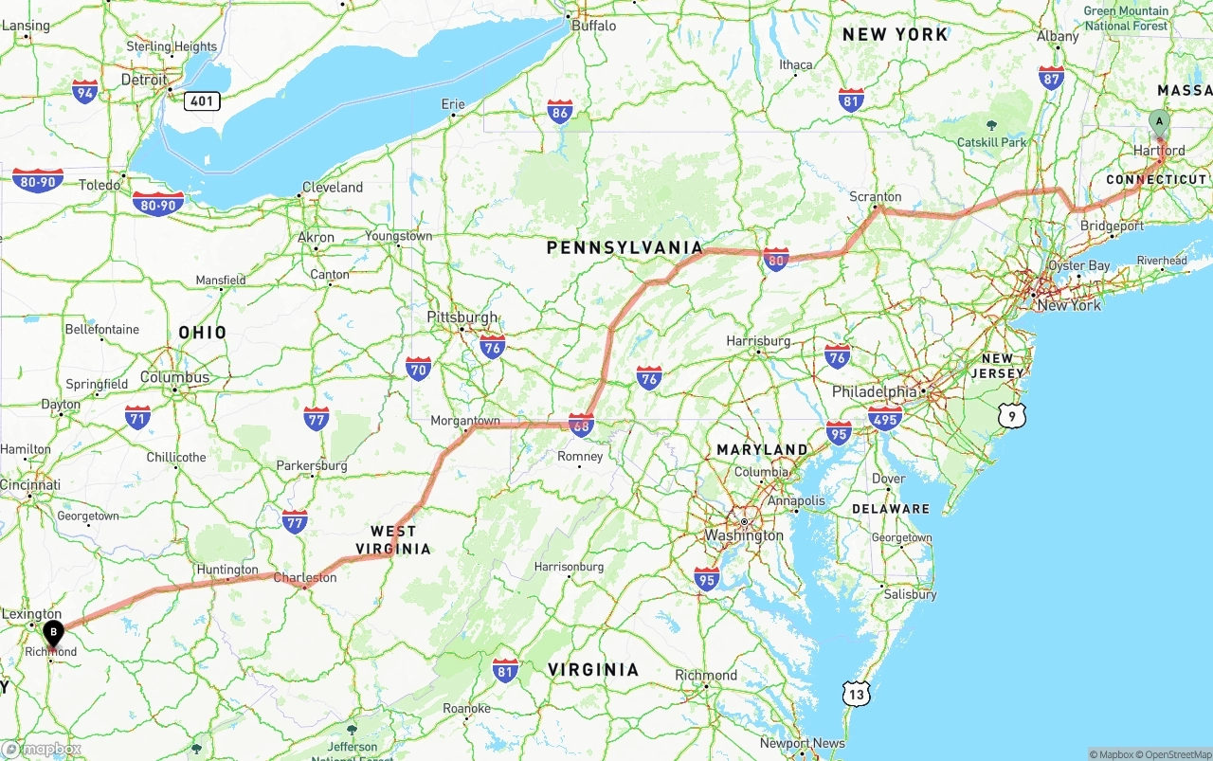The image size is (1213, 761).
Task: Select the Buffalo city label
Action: click(x=593, y=26)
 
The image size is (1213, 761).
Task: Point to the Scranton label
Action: click(x=875, y=196)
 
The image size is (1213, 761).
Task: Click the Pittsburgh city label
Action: click(x=462, y=317)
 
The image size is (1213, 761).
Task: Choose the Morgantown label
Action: click(x=465, y=420)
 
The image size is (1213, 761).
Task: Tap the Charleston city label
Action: click(x=304, y=577)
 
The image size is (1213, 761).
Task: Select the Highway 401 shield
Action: click(x=202, y=100)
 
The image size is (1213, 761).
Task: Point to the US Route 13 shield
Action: click(x=857, y=695)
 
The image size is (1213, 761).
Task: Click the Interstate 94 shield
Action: click(x=85, y=92)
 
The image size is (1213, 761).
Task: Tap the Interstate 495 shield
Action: click(x=885, y=417)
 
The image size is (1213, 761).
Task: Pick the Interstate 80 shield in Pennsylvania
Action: click(x=776, y=259)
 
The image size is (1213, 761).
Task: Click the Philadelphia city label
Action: click(x=874, y=391)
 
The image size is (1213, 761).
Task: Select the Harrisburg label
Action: click(x=758, y=340)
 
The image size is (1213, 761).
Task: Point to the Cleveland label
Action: click(x=332, y=187)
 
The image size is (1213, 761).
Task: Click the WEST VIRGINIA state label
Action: click(x=393, y=539)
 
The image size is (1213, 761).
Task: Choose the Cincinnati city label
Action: click(x=30, y=484)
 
